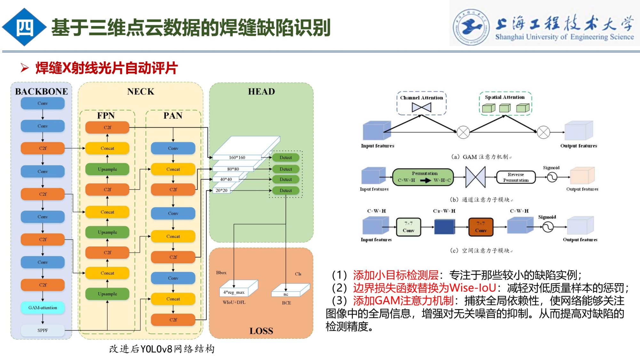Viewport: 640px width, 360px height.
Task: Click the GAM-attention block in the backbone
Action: [43, 308]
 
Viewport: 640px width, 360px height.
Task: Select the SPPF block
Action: [43, 330]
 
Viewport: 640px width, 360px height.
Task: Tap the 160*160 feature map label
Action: [237, 157]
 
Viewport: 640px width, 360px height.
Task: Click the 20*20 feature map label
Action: [221, 190]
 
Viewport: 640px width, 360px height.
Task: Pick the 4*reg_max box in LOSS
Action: [234, 292]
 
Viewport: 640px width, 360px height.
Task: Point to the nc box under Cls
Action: [286, 294]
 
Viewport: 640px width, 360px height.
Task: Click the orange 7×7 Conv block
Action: [481, 227]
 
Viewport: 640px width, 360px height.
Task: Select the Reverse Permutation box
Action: [516, 177]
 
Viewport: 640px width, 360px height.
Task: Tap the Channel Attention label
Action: [421, 98]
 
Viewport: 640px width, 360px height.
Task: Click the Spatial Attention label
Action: [505, 97]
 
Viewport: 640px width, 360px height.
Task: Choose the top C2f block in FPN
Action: [107, 127]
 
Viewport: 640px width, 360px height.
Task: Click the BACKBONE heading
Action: [42, 92]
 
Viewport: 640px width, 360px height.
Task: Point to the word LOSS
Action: [261, 331]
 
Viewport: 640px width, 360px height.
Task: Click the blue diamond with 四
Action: [24, 28]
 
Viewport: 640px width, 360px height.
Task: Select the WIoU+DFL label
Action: [234, 302]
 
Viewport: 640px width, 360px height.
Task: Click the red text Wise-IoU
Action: [473, 288]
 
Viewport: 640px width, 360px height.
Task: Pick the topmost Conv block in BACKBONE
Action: [43, 103]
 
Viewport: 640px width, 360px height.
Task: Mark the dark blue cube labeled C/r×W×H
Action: [444, 227]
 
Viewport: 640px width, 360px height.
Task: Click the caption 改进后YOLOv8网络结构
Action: [162, 349]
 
